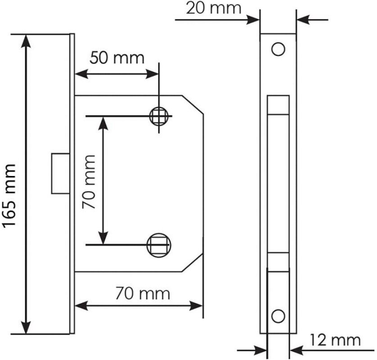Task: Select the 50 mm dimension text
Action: [117, 58]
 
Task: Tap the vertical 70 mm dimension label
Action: [89, 182]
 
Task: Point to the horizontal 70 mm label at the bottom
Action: [143, 294]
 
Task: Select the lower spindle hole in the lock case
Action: [159, 245]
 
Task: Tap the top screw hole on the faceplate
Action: [278, 49]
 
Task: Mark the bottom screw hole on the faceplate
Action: [278, 316]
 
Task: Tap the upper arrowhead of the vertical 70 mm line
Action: [104, 122]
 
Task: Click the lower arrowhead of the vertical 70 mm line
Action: [104, 239]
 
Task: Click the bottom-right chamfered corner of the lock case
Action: [192, 263]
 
